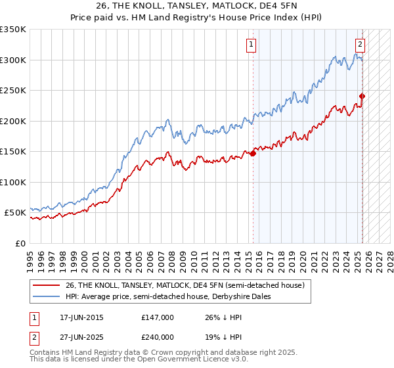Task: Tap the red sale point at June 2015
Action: coord(253,154)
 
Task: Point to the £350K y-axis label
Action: coord(13,30)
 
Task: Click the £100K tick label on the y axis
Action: coord(13,182)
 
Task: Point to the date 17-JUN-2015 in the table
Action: coord(81,318)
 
